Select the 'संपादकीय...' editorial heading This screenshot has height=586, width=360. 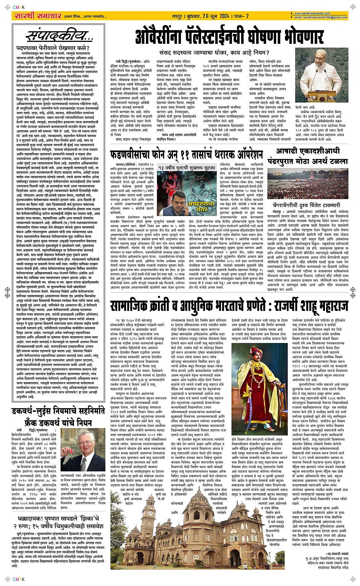tap(59, 36)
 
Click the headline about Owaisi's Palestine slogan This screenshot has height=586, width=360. tap(230, 38)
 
